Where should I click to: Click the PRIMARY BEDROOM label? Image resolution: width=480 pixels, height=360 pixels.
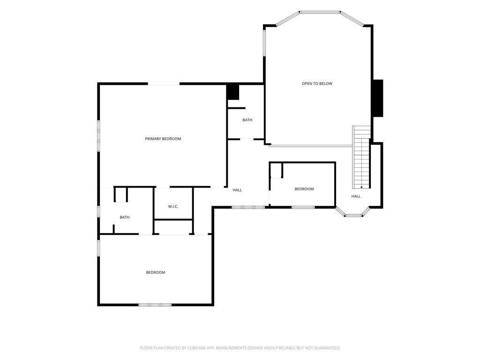pyautogui.click(x=163, y=139)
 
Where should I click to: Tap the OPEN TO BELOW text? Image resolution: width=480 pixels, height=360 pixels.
pyautogui.click(x=317, y=83)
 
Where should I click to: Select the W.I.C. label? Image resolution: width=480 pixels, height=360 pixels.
pyautogui.click(x=173, y=207)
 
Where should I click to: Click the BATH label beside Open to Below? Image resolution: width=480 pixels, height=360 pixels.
pyautogui.click(x=247, y=120)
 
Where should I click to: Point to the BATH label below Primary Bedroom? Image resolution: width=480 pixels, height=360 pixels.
pyautogui.click(x=125, y=217)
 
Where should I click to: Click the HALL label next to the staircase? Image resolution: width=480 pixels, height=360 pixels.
pyautogui.click(x=356, y=196)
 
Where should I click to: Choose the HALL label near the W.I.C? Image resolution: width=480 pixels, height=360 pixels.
pyautogui.click(x=237, y=190)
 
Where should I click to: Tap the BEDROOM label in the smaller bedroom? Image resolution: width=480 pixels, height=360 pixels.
pyautogui.click(x=304, y=189)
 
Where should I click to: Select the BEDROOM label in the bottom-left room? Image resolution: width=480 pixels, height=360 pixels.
pyautogui.click(x=156, y=272)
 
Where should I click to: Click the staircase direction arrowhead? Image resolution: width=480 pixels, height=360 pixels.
pyautogui.click(x=361, y=187)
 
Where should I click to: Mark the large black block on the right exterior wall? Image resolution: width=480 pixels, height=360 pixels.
pyautogui.click(x=378, y=98)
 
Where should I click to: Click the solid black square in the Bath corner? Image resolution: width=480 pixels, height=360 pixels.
pyautogui.click(x=233, y=92)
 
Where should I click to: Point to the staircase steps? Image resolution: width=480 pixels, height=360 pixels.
pyautogui.click(x=361, y=157)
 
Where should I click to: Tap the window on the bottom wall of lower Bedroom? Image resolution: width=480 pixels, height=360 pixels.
pyautogui.click(x=155, y=305)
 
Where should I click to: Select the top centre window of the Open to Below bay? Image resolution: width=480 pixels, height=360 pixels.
pyautogui.click(x=320, y=12)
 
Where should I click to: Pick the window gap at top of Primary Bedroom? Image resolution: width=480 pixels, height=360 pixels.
pyautogui.click(x=164, y=83)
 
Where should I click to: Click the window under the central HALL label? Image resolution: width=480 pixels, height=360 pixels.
pyautogui.click(x=248, y=207)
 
